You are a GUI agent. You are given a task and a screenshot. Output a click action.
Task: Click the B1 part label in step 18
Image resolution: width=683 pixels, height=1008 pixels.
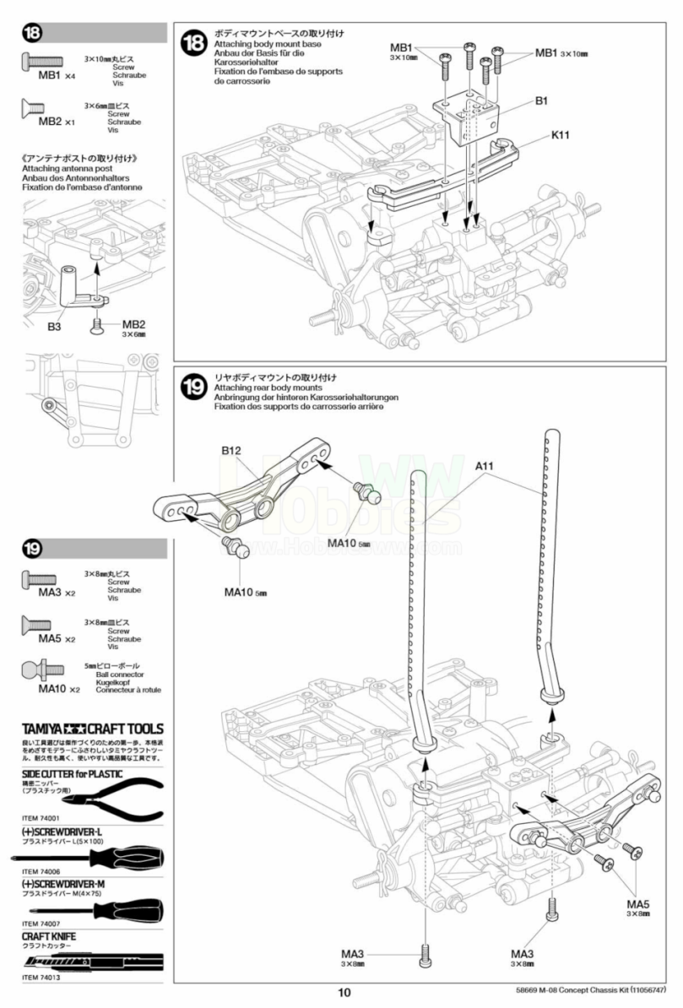541,100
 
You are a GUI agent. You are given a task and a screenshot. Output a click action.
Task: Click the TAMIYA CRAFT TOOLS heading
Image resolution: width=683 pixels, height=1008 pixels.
90,729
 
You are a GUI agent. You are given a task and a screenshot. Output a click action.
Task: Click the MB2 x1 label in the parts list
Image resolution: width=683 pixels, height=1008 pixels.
57,122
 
